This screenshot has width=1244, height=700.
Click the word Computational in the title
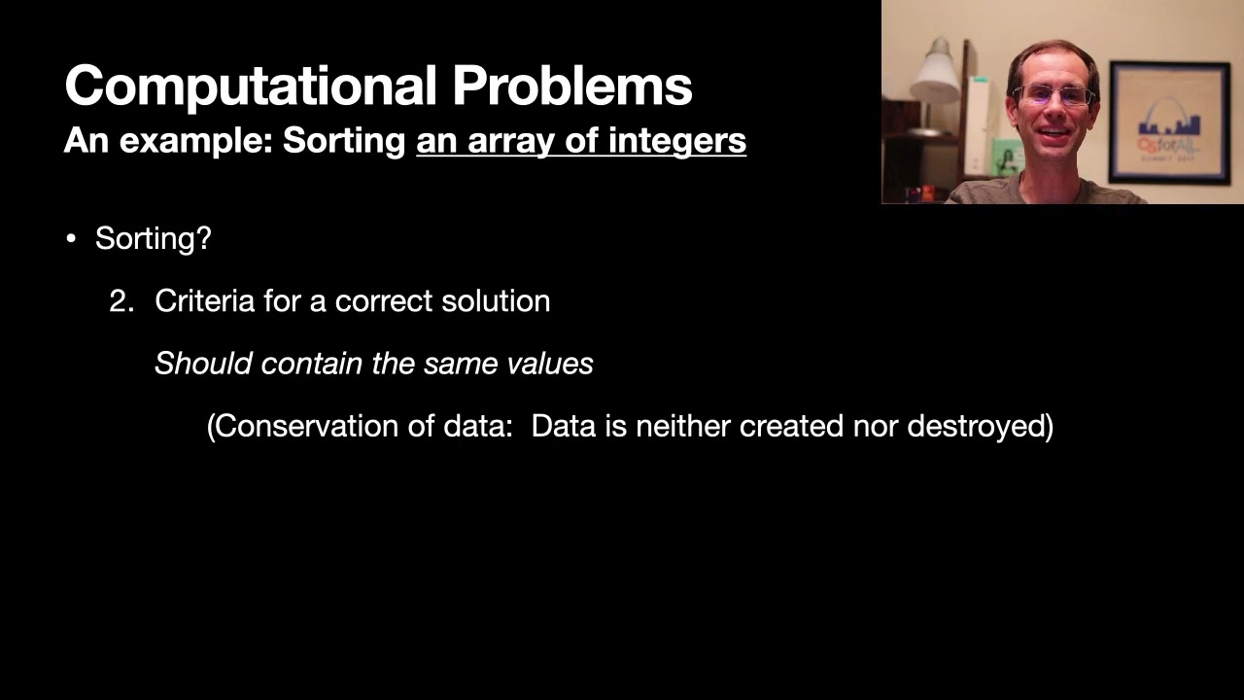pos(250,86)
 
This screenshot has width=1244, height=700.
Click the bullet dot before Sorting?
pos(71,239)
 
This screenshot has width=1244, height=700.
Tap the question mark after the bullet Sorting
pos(204,238)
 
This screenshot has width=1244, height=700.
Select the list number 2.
pos(121,301)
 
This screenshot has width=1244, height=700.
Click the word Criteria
pos(204,301)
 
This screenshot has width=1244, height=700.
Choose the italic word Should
pos(204,364)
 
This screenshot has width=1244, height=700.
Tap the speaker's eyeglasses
pos(1054,95)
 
